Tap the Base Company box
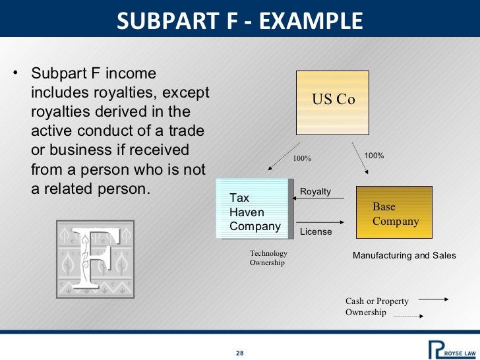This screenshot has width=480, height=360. pos(394,212)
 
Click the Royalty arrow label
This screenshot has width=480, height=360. pos(315,191)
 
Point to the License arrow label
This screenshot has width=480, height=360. pos(316,232)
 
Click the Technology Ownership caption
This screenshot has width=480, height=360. pos(268,258)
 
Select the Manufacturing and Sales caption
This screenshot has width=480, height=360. pos(404,255)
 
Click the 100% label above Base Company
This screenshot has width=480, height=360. pos(374,156)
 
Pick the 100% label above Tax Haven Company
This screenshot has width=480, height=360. pos(302,159)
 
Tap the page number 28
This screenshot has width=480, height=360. pos(240,353)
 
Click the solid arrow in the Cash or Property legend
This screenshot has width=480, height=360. pos(433,300)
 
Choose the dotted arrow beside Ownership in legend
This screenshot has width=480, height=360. pos(408,316)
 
